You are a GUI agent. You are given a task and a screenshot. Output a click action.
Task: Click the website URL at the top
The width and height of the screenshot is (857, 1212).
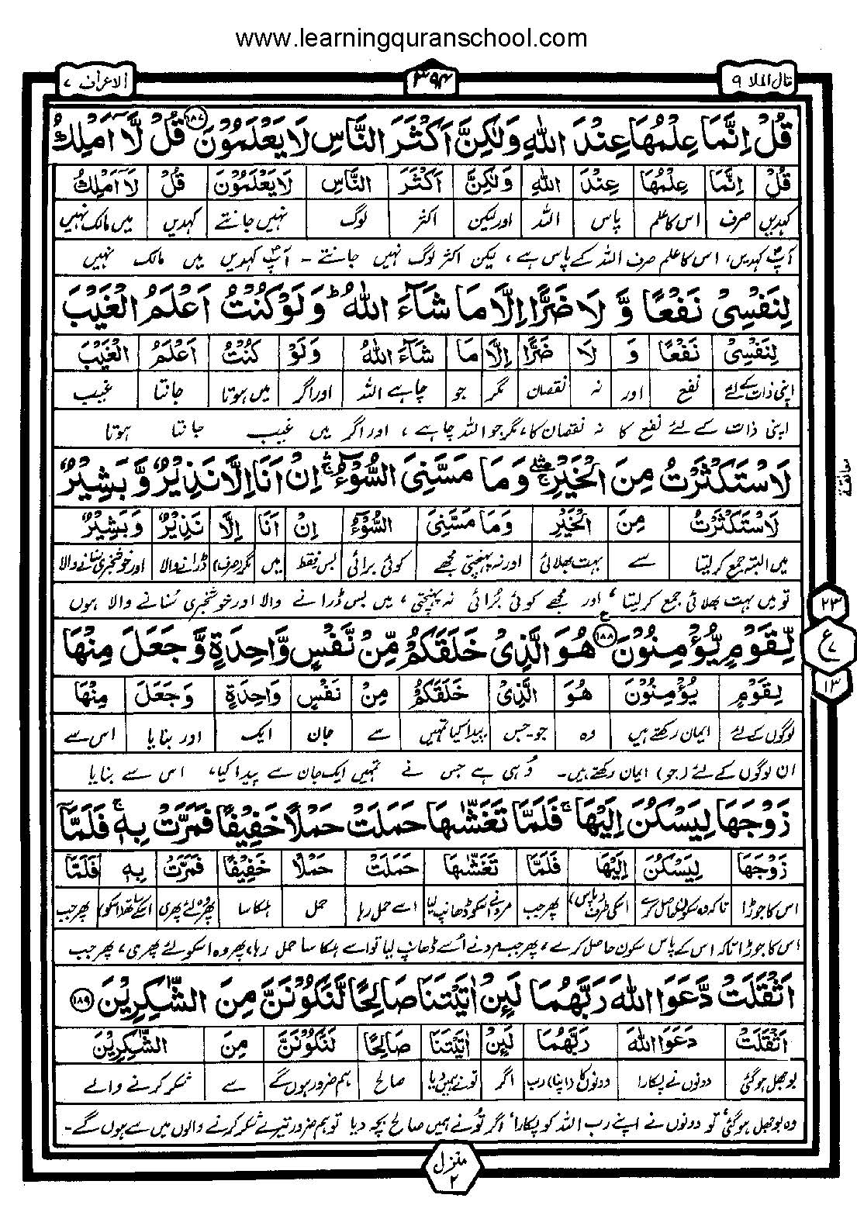[x=411, y=39]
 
